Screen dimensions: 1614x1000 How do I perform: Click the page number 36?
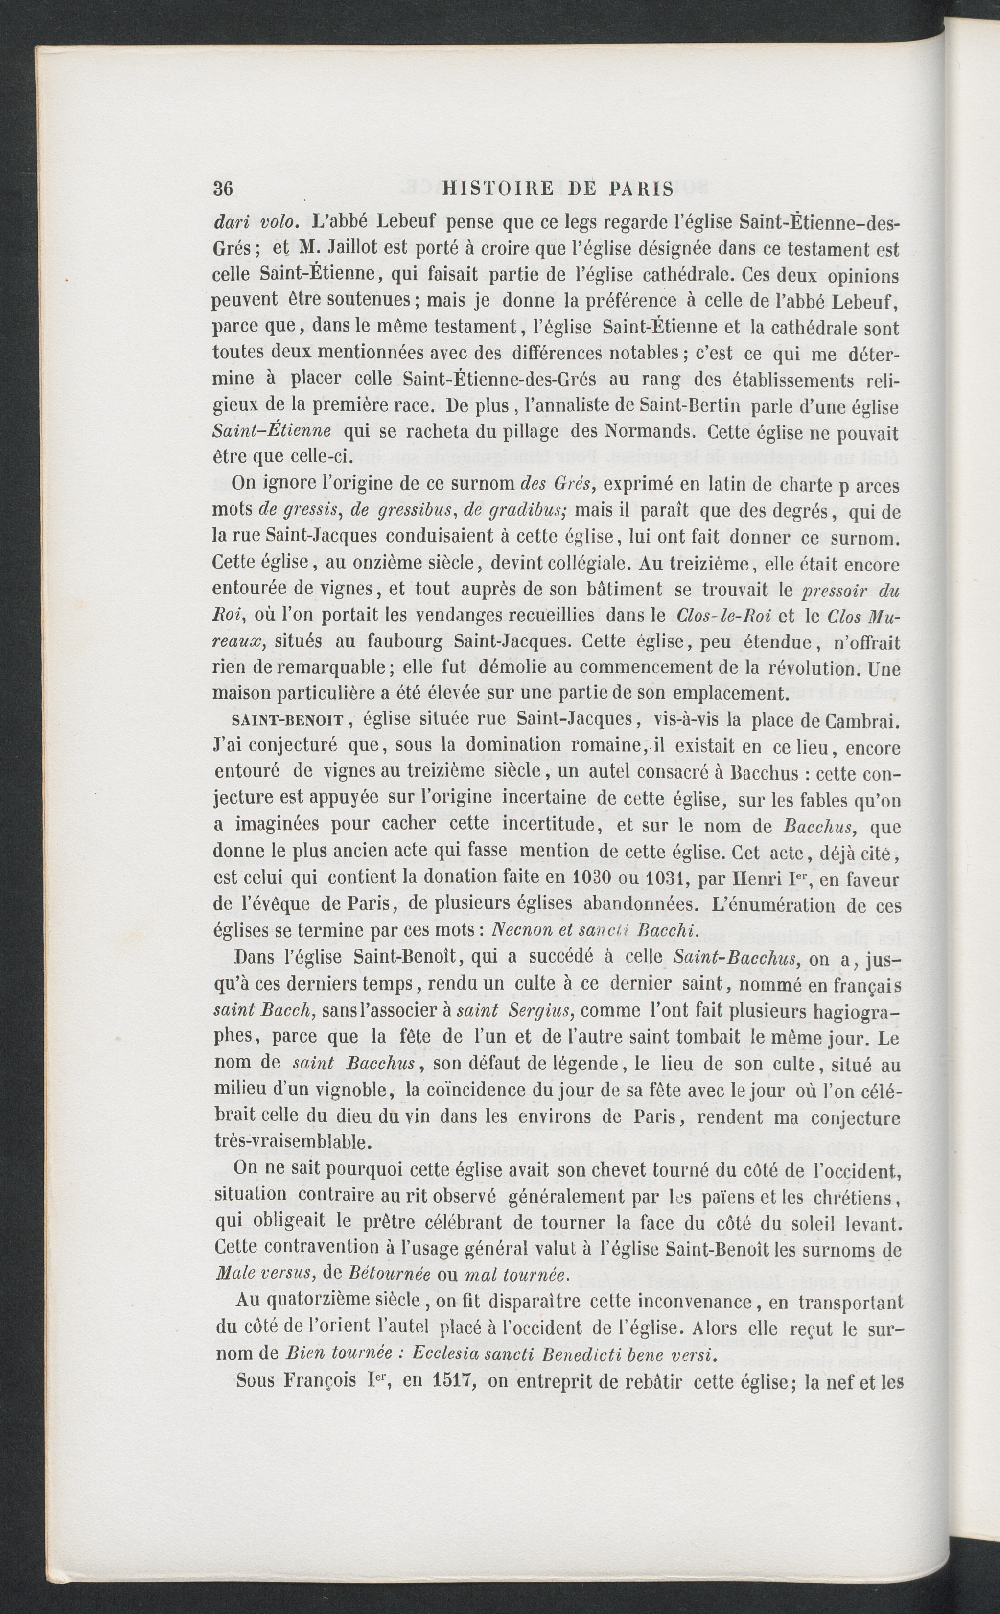(x=223, y=189)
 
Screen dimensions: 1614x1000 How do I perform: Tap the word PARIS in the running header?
(x=641, y=190)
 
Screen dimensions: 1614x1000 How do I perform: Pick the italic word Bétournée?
(x=388, y=1274)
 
